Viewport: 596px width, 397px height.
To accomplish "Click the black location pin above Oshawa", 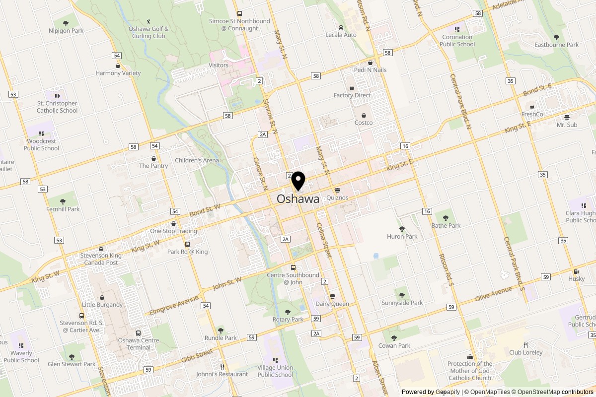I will pos(298,181).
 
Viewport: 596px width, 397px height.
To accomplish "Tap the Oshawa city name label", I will pos(298,199).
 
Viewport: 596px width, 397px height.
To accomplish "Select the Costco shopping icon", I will pos(364,115).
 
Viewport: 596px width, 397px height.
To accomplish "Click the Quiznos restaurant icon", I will pos(337,190).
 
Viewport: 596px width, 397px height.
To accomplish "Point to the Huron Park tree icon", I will pos(402,229).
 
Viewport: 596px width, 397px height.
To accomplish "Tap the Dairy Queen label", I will pos(332,304).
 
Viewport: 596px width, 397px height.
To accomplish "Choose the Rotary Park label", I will pos(288,320).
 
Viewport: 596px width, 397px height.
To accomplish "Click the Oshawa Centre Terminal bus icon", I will pos(139,333).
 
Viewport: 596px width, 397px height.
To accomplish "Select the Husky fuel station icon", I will pos(576,271).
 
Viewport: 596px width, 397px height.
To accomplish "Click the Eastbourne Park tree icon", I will pos(556,37).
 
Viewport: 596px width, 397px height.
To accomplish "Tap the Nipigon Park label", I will pos(65,30).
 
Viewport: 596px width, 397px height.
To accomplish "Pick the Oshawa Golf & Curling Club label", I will pos(149,32).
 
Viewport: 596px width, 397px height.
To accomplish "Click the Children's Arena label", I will pos(197,160).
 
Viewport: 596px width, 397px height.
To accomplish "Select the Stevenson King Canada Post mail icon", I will pos(101,249).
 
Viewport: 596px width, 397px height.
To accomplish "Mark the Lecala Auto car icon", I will pos(341,27).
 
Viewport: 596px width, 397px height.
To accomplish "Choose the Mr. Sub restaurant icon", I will pos(567,118).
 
